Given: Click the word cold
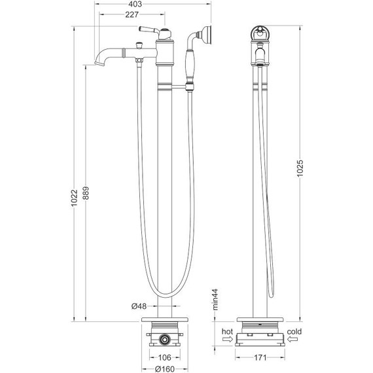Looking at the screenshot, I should [x=294, y=332].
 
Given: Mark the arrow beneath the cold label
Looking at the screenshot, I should [x=294, y=340].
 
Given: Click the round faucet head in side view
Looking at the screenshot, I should [x=260, y=35].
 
